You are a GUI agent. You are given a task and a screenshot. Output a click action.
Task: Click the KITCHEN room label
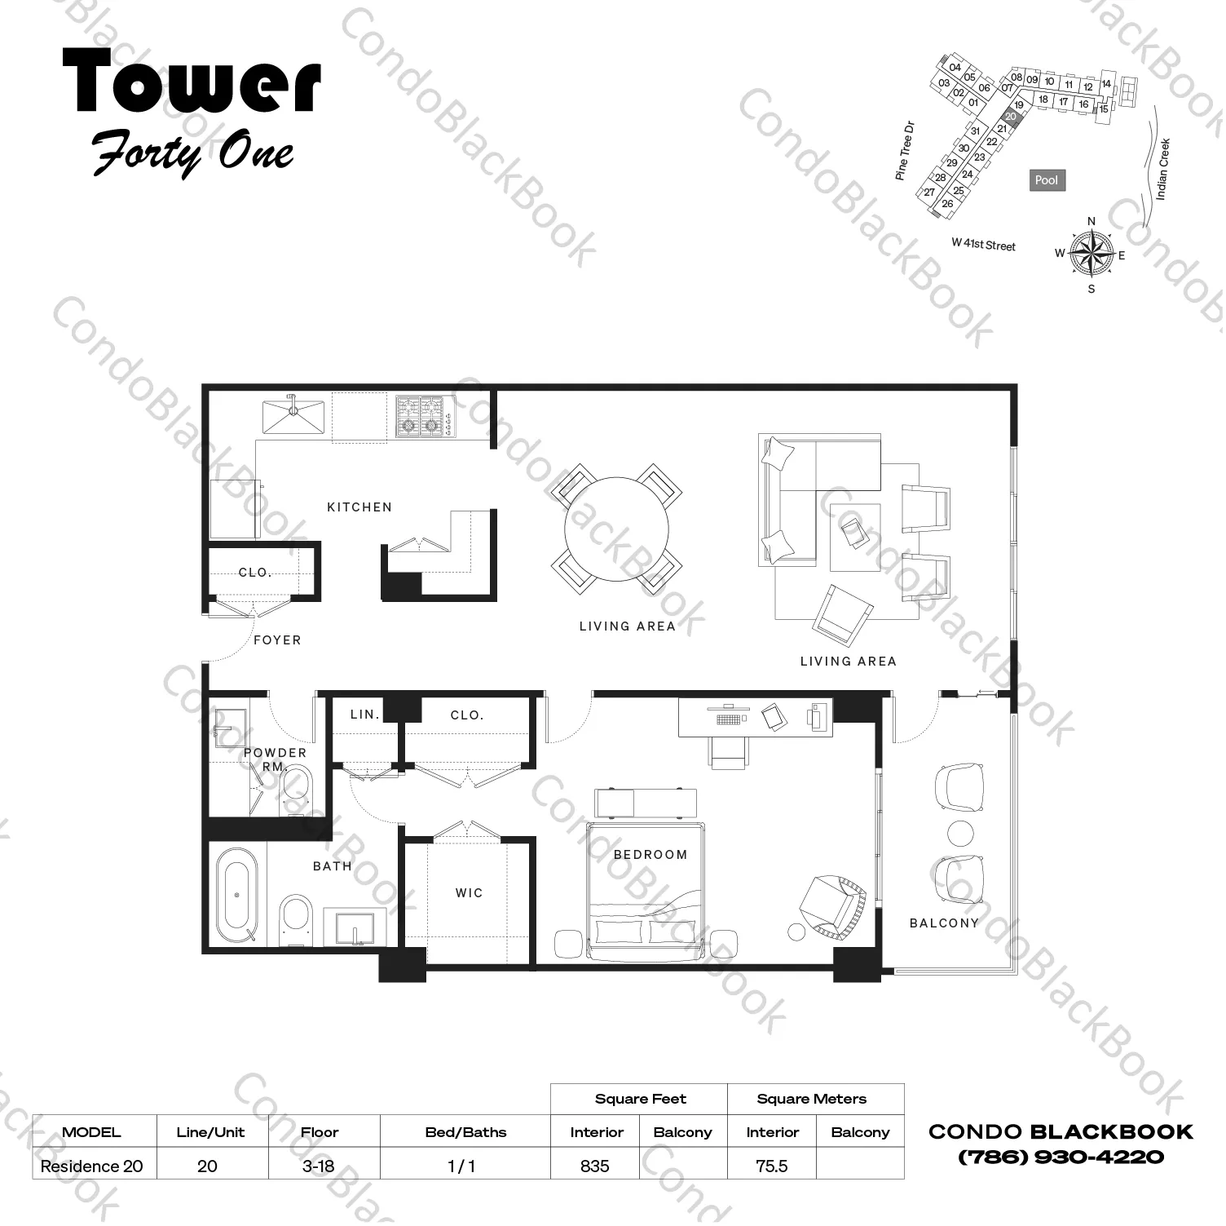(359, 507)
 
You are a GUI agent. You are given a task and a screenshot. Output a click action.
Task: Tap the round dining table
(617, 529)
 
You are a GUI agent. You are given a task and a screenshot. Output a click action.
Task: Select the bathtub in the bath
(237, 895)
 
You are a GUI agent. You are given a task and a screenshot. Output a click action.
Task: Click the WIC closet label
(469, 893)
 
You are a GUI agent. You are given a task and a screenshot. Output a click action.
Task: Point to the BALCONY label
(944, 923)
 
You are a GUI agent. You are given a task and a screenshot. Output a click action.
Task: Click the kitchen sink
(293, 415)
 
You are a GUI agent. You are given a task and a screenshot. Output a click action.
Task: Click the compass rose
(1091, 253)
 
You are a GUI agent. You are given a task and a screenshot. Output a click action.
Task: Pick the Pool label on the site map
(1046, 180)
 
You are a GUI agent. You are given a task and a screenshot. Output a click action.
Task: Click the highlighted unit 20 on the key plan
(1011, 117)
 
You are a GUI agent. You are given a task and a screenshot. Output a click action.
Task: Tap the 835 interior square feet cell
(595, 1166)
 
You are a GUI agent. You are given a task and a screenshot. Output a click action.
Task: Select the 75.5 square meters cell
(771, 1166)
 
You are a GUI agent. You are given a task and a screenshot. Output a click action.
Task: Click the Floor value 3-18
(318, 1166)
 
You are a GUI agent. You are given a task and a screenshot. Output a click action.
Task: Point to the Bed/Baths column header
(465, 1132)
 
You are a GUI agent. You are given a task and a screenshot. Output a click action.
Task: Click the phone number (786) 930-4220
(1061, 1157)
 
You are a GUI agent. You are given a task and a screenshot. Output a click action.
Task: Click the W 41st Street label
(983, 245)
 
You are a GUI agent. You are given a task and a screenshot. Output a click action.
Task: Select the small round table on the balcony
(960, 834)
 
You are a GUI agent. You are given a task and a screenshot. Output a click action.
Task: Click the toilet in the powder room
(295, 787)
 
